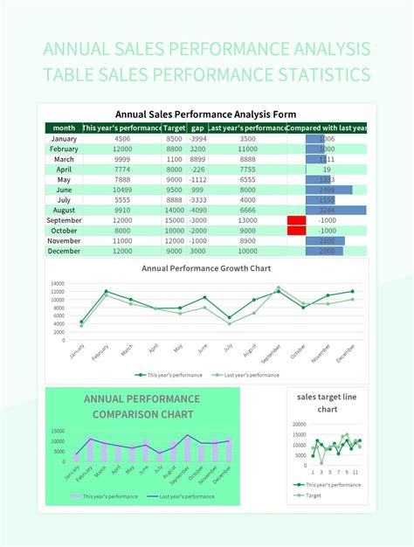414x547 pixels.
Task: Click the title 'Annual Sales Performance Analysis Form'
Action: coord(206,114)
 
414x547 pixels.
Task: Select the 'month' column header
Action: coord(64,128)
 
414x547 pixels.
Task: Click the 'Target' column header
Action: coord(174,128)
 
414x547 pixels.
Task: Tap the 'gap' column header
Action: coord(197,128)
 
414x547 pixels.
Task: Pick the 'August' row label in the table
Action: coord(64,210)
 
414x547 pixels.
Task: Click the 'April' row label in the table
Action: coord(64,170)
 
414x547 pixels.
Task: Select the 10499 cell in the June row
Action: coord(122,190)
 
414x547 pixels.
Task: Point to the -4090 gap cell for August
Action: coord(197,210)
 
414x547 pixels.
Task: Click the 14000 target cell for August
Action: coord(174,210)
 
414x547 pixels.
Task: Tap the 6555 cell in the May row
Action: coord(247,179)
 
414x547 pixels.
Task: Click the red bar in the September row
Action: coord(296,220)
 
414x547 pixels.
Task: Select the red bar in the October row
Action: coord(296,231)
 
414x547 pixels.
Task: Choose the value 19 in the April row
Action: coord(327,170)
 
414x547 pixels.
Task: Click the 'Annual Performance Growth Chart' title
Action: coord(206,268)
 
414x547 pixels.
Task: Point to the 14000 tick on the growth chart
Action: coord(58,284)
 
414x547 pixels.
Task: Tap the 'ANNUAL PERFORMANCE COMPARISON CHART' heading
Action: coord(141,406)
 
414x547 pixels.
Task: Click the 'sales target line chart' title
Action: coord(328,403)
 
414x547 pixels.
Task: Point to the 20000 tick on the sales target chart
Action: coord(298,424)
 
